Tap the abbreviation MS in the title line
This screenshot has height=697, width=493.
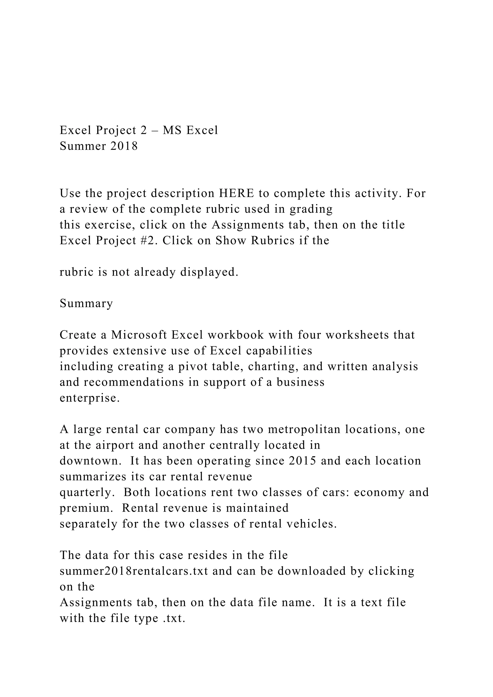(x=172, y=130)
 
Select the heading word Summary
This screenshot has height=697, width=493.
(x=86, y=303)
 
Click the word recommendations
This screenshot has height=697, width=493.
(x=134, y=382)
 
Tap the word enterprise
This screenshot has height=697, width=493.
(x=90, y=398)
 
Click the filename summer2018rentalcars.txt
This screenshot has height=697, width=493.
(x=134, y=571)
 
